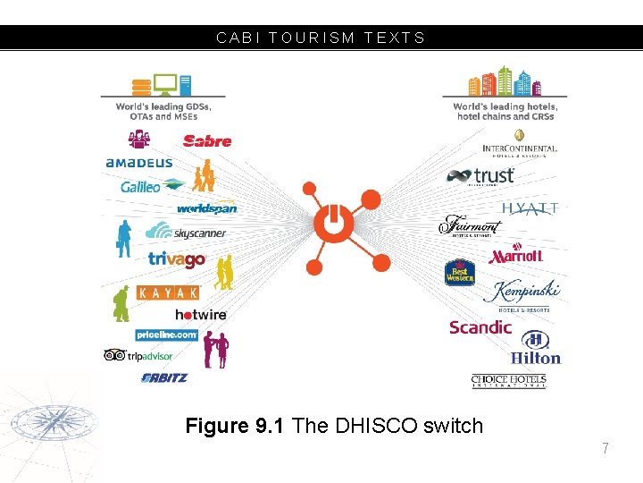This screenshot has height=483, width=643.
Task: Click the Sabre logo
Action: coord(207,140)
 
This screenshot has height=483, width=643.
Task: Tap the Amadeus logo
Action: coord(138,164)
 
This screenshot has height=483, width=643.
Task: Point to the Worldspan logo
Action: coord(206,208)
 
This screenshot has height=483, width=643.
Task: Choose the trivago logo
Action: coord(177,259)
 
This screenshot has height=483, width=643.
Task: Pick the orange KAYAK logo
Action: coord(168,292)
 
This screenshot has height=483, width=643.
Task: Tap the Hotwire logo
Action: coord(201,315)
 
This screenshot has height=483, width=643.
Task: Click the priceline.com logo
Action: coord(167,335)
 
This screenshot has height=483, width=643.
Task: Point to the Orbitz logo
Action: coord(165,377)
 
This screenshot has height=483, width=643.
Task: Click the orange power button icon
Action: coord(331,221)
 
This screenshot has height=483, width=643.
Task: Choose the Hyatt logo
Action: coord(530,208)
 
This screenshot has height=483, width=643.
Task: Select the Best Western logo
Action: coord(459,272)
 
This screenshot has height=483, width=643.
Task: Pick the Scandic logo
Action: coord(480,327)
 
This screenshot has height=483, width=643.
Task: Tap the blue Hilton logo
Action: coord(536,348)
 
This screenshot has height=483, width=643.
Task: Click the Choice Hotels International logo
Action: coord(508,381)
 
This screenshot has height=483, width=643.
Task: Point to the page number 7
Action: coord(605,448)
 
